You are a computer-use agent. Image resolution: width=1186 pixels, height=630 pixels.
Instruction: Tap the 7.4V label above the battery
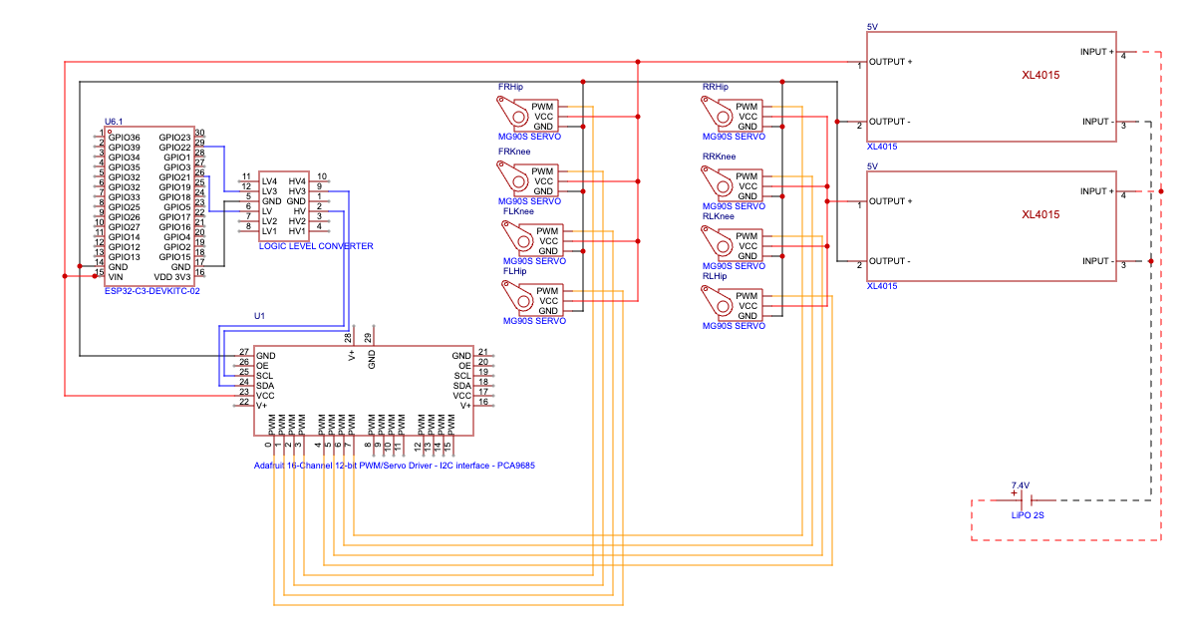click(1020, 485)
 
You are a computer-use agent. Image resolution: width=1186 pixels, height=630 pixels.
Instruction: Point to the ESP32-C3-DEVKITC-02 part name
click(152, 290)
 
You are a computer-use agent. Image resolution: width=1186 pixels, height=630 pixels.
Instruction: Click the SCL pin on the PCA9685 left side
click(264, 375)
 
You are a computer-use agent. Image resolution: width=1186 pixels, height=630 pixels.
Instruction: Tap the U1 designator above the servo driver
click(259, 315)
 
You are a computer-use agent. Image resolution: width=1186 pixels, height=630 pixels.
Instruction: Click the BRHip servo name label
click(716, 87)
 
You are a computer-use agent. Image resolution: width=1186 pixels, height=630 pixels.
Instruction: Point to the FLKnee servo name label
click(518, 211)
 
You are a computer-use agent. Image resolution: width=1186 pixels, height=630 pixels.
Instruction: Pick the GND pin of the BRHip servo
click(745, 127)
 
